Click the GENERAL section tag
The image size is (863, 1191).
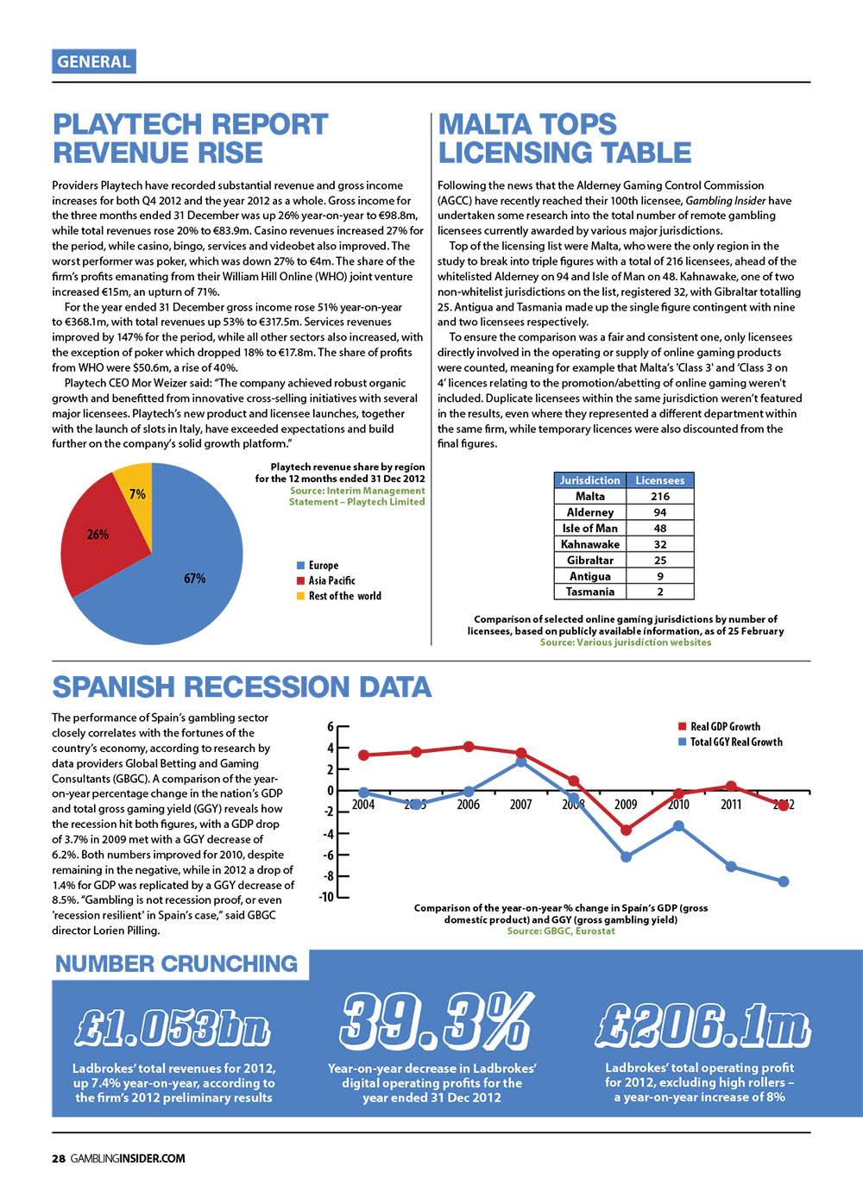(93, 61)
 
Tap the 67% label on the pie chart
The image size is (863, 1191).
(195, 579)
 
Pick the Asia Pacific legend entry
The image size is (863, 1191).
(331, 580)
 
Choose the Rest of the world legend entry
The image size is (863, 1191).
(344, 596)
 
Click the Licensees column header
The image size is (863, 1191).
(659, 480)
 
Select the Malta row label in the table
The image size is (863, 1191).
(589, 496)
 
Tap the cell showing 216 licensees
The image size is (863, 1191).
(659, 496)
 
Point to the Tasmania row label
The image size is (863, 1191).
(589, 592)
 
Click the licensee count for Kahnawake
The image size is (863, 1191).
(659, 544)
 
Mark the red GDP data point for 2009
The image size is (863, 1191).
(626, 830)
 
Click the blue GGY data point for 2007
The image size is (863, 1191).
(521, 762)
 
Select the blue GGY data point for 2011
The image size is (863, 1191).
(731, 866)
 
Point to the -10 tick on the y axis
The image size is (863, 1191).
(325, 897)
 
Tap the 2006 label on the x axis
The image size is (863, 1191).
(468, 805)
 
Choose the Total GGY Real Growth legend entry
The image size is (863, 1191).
(736, 742)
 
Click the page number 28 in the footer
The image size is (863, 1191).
(58, 1159)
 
